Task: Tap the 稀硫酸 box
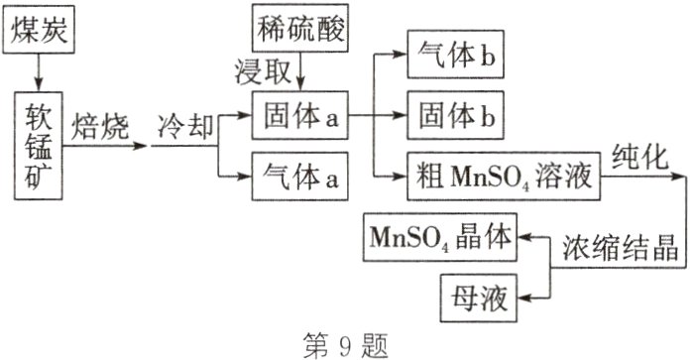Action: click(302, 30)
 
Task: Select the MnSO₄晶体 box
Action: click(441, 237)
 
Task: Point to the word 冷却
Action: click(186, 128)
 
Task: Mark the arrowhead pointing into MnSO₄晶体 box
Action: click(527, 238)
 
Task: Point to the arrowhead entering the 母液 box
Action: click(527, 295)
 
